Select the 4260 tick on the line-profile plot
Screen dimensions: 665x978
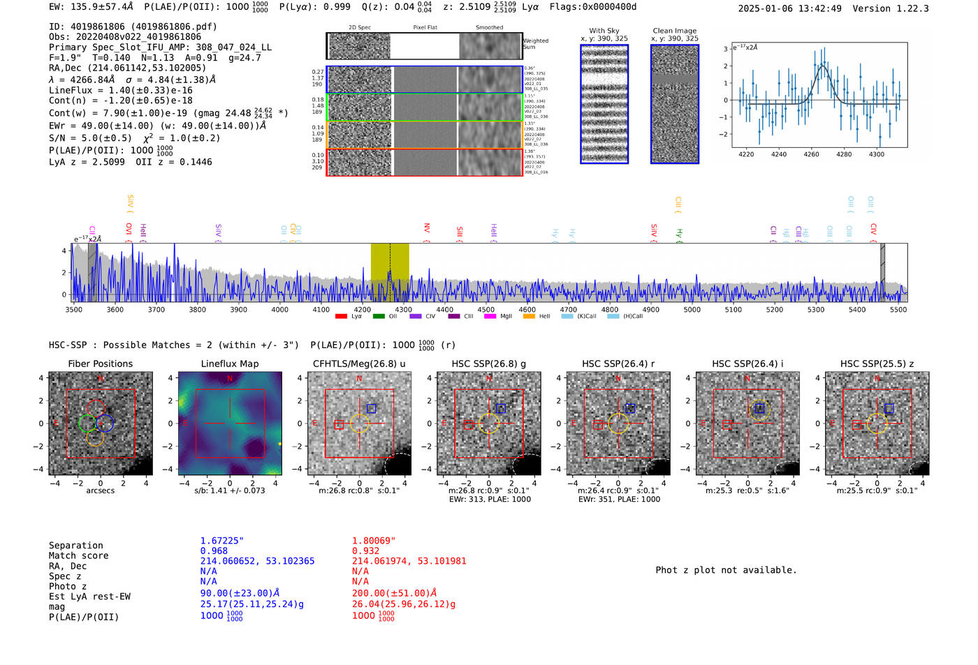pos(811,154)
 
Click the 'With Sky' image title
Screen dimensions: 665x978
pos(604,31)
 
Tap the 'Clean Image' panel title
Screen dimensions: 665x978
pos(674,31)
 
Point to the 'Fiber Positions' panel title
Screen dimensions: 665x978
pos(100,364)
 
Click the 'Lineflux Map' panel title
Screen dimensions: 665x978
pos(230,364)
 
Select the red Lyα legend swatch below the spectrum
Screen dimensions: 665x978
pos(341,317)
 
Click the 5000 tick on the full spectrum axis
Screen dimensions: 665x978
pos(692,310)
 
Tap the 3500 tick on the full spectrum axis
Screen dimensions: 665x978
pos(73,310)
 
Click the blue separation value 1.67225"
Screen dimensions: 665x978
pos(221,541)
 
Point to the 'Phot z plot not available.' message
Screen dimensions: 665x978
pos(726,570)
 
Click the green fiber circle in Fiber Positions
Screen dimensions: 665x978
pos(87,423)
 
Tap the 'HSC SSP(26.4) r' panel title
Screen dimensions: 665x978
pos(618,364)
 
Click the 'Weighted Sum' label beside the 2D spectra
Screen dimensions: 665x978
pos(535,44)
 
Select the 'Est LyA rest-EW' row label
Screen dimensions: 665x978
pos(89,597)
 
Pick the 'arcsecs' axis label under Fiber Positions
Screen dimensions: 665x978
pos(100,491)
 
